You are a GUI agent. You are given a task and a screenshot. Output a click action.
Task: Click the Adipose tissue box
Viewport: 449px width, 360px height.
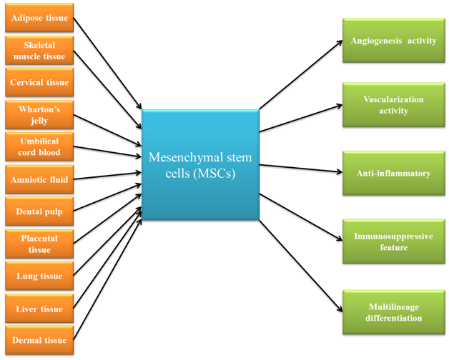coord(39,18)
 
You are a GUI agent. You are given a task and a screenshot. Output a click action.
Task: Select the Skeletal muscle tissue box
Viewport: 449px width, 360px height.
coord(39,50)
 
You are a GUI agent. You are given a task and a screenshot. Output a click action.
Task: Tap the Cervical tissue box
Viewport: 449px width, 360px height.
coord(39,82)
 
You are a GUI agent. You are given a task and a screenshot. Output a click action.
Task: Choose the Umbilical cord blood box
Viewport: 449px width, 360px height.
coord(39,146)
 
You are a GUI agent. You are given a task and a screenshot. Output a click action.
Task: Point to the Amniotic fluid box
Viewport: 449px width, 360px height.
coord(39,179)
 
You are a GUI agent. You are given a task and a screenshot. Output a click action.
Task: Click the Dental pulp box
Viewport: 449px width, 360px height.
coord(39,211)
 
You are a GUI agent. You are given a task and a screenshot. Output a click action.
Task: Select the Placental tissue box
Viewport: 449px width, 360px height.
coord(39,244)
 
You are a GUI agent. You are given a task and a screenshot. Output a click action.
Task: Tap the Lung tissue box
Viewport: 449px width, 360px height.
coord(39,276)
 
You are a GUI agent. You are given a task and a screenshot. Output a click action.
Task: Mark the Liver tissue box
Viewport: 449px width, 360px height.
coord(39,309)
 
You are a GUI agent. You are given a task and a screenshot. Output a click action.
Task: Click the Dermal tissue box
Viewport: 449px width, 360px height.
coord(39,340)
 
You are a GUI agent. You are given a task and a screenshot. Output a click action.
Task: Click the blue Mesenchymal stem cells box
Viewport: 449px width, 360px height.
coord(199,164)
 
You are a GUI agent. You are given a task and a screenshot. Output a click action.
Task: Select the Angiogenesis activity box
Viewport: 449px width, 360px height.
coord(393,41)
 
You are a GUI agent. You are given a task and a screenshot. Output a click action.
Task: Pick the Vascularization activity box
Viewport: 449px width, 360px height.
coord(393,106)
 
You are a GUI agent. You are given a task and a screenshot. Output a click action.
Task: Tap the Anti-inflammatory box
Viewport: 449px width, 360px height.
coord(393,173)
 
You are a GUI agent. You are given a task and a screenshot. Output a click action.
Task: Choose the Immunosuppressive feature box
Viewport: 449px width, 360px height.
coord(393,241)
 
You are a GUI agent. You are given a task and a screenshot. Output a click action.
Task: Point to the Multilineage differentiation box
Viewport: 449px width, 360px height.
coord(393,312)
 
